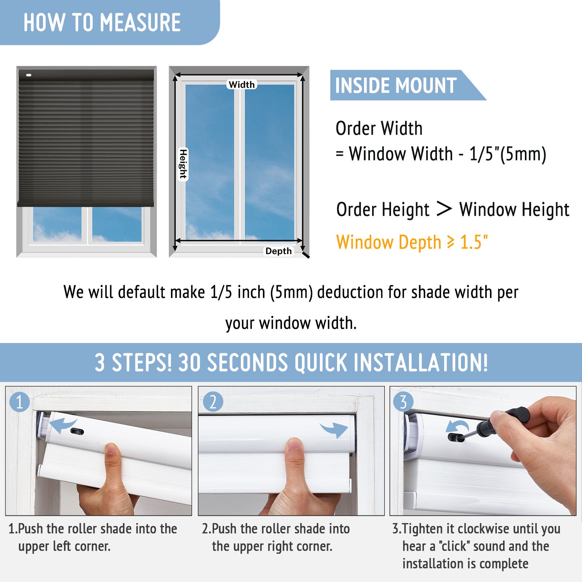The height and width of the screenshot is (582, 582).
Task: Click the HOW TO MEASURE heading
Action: point(102,23)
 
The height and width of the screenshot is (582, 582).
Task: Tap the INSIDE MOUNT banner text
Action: point(396,86)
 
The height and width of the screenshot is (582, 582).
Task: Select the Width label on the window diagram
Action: point(242,84)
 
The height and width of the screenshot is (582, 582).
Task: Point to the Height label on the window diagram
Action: point(183,164)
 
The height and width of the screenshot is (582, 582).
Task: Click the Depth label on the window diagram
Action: point(279,251)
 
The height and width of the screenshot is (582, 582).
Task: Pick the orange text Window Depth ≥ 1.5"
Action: point(412,242)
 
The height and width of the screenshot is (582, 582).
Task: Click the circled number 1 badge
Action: point(19,402)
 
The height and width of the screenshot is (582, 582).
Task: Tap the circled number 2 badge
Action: point(213,402)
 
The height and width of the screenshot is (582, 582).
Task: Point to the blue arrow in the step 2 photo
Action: point(334,430)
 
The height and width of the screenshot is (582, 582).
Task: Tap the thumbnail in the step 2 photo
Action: point(294,446)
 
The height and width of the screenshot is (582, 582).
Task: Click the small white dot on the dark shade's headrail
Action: point(29,75)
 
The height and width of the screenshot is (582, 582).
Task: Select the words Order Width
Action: point(379,128)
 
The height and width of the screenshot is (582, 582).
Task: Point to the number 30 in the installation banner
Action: point(190,363)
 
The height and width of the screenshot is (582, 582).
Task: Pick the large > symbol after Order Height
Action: point(444,209)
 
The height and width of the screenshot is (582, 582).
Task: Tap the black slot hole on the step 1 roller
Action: point(77,431)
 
